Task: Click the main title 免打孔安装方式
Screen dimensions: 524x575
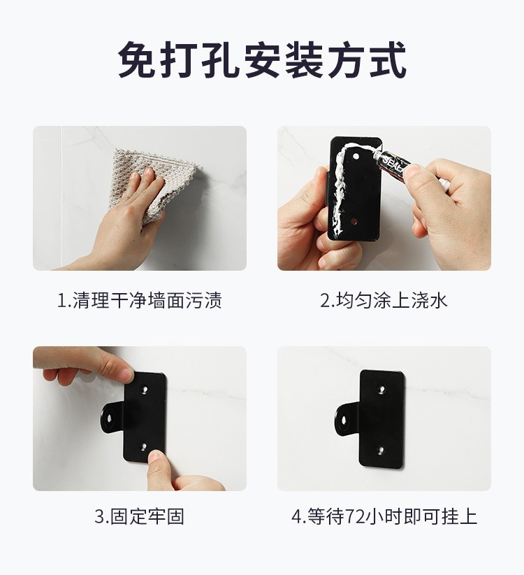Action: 262,59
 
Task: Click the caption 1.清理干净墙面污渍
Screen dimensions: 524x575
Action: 140,300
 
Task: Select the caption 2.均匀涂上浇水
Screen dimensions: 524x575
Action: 384,300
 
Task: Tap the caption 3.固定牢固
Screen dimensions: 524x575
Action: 139,516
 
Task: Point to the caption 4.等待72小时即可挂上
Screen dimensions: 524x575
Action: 384,516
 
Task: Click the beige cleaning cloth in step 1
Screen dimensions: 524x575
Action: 154,183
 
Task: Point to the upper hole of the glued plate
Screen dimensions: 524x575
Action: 356,157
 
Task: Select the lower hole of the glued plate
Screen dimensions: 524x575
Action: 354,222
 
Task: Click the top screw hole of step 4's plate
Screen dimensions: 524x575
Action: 383,388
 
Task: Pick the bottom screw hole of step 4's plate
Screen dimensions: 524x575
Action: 381,449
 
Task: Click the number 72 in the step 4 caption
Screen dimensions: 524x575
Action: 356,517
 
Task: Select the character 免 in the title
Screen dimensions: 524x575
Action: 137,59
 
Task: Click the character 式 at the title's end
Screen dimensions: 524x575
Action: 388,59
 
